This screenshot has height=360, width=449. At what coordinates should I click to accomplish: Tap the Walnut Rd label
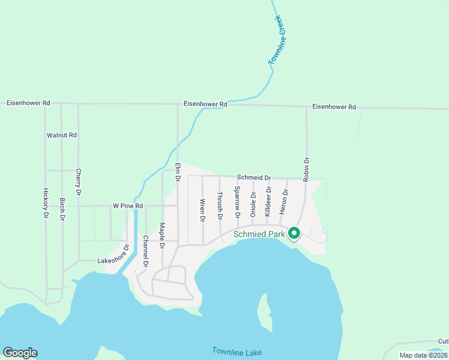coord(62,135)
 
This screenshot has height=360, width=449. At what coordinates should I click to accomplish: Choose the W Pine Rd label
coord(128,206)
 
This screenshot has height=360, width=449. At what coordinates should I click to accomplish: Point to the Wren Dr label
coord(203,210)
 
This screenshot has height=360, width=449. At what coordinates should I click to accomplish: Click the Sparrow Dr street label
coord(237,202)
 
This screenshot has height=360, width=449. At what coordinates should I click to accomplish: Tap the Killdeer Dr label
coord(269,201)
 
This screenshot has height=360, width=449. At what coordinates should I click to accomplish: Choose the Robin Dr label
coord(306,169)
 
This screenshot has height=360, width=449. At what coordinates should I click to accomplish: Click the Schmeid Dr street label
coord(254,178)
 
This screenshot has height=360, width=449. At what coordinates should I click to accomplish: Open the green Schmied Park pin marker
coord(294,233)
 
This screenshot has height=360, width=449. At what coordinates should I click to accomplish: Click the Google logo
coord(20,353)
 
